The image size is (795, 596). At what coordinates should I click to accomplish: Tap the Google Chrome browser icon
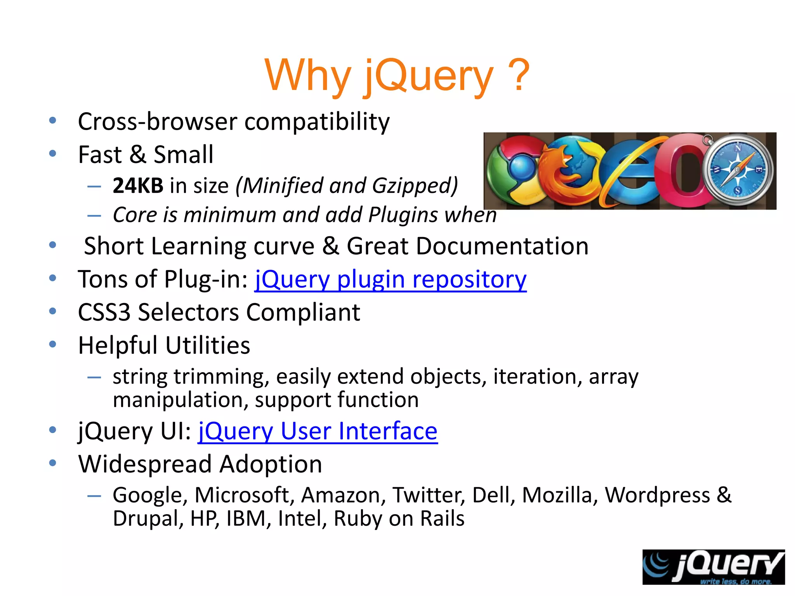click(x=512, y=171)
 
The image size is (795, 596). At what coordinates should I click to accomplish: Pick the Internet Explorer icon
click(x=629, y=171)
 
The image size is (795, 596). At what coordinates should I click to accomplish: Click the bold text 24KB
click(x=138, y=185)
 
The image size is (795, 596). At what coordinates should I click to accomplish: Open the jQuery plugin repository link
click(x=391, y=279)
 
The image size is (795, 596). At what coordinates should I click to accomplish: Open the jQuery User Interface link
click(x=318, y=431)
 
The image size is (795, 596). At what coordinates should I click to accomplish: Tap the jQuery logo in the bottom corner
click(x=713, y=567)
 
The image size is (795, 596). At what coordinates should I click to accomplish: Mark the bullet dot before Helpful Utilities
click(x=53, y=344)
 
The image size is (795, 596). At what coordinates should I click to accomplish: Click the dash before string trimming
click(x=94, y=377)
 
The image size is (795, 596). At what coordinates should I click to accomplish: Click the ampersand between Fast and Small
click(x=138, y=154)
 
